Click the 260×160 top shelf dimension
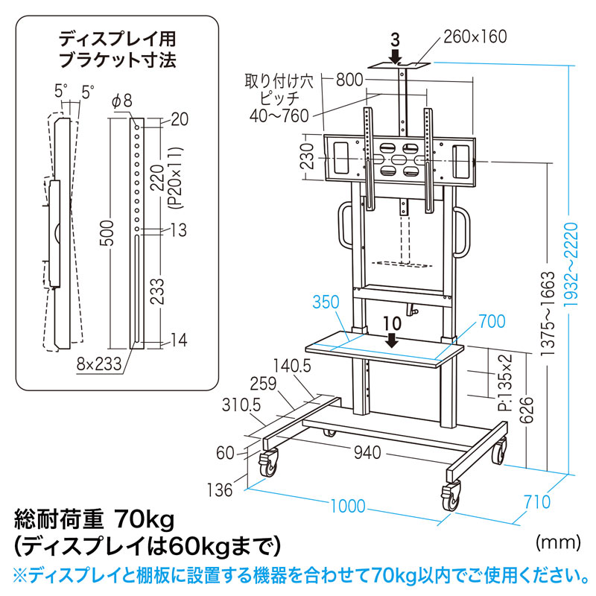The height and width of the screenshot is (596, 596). [475, 37]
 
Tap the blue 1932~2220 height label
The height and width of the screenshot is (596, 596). [571, 265]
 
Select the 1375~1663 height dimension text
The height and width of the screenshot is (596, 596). [548, 313]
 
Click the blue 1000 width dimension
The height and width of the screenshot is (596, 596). [348, 506]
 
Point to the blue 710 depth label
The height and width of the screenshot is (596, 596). [537, 502]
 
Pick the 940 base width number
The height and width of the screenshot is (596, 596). [367, 452]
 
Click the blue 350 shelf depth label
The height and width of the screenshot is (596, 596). [326, 302]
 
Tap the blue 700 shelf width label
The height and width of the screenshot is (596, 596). [492, 322]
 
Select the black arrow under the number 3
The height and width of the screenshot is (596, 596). [396, 57]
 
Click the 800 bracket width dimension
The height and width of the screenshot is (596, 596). [349, 80]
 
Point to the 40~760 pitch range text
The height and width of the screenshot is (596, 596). [279, 115]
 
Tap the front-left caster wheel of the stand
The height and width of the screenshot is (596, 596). [268, 463]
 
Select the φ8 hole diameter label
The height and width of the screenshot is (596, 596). [122, 101]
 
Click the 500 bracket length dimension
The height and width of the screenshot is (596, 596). [107, 232]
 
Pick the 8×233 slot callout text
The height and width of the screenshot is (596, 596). [99, 364]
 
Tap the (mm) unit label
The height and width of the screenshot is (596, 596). [558, 542]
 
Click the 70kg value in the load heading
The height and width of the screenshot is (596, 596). [144, 519]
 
